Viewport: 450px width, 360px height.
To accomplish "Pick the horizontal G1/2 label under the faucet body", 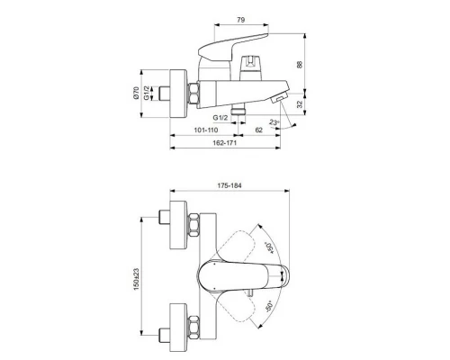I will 220,118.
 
